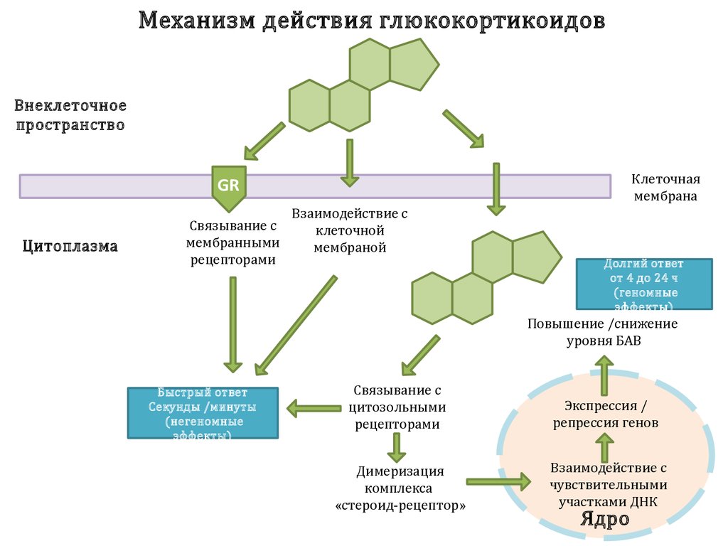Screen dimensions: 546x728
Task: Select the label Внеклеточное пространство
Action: (70, 116)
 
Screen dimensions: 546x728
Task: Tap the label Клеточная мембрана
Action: (665, 188)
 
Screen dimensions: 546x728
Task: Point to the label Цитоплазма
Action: (70, 247)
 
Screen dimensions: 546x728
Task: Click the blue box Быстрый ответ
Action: (203, 412)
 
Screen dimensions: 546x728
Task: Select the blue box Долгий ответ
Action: (643, 284)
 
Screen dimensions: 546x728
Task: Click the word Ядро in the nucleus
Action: (604, 518)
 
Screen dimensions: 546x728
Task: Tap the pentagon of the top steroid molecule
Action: (413, 65)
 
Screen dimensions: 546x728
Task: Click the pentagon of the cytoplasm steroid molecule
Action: (535, 257)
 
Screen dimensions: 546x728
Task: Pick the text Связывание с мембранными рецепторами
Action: (232, 242)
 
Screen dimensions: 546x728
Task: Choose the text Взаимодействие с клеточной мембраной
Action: (350, 230)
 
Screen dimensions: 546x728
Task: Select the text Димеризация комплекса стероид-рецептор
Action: (400, 488)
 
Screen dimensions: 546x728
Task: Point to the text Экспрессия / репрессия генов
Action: (606, 414)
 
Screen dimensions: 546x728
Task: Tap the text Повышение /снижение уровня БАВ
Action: (603, 332)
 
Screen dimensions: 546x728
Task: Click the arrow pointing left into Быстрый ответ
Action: (314, 408)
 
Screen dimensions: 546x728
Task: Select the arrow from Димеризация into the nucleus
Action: (498, 481)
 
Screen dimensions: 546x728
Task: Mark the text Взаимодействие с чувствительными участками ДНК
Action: (608, 484)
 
